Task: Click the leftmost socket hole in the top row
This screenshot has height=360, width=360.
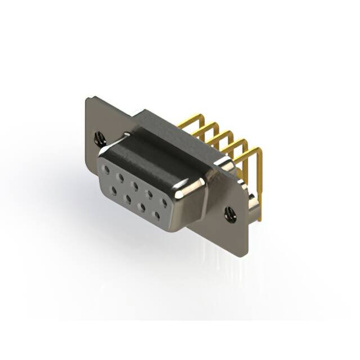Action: (x=106, y=168)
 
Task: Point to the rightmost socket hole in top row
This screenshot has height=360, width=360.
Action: (x=164, y=201)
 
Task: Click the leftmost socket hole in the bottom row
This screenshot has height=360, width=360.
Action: (x=114, y=191)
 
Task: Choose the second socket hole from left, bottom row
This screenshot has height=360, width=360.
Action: (x=128, y=199)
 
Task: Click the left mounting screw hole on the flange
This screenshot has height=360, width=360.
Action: (x=100, y=136)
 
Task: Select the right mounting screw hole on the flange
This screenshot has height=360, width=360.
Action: (x=229, y=214)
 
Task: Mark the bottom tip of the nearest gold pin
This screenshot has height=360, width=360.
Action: (x=260, y=218)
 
